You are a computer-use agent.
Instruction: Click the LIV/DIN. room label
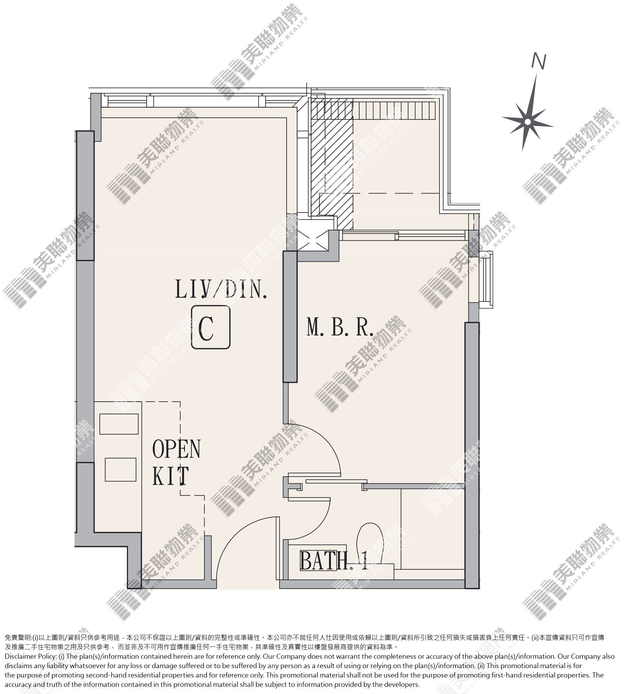[x=221, y=289]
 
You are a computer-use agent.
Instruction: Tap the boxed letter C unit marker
[x=210, y=328]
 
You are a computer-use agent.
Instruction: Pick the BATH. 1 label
[x=334, y=560]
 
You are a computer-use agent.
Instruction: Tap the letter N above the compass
[x=539, y=61]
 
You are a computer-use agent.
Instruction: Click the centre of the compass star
[x=528, y=122]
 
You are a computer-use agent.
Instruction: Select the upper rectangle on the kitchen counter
[x=119, y=424]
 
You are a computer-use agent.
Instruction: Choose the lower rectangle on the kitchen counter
[x=120, y=469]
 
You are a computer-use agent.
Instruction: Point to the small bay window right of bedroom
[x=486, y=280]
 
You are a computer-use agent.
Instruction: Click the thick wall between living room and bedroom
[x=290, y=316]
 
